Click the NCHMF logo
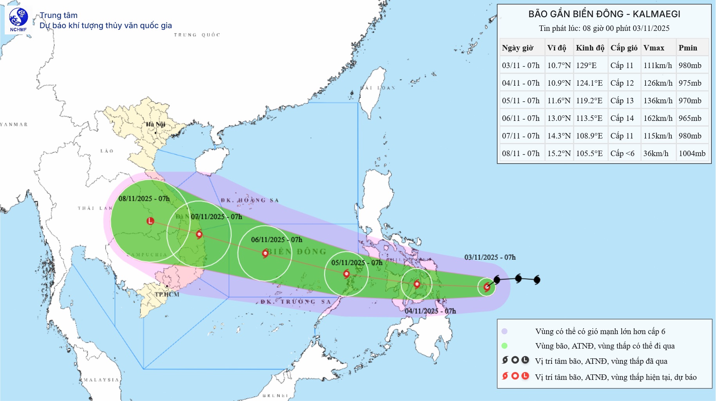click(18, 20)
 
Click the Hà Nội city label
click(155, 124)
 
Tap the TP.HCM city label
click(167, 294)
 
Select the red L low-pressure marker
click(150, 221)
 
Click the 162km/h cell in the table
click(658, 118)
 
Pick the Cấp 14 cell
click(622, 118)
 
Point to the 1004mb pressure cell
click(692, 153)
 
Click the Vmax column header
click(654, 48)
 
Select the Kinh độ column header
click(590, 48)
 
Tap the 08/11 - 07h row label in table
click(521, 153)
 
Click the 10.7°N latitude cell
click(559, 65)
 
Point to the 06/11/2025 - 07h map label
click(276, 239)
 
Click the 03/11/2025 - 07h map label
click(490, 257)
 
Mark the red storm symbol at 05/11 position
click(346, 274)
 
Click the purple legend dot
click(505, 331)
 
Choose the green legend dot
click(505, 346)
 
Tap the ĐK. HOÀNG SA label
click(250, 200)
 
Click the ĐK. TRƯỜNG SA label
click(296, 302)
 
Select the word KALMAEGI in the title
click(656, 14)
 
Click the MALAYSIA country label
click(101, 379)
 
